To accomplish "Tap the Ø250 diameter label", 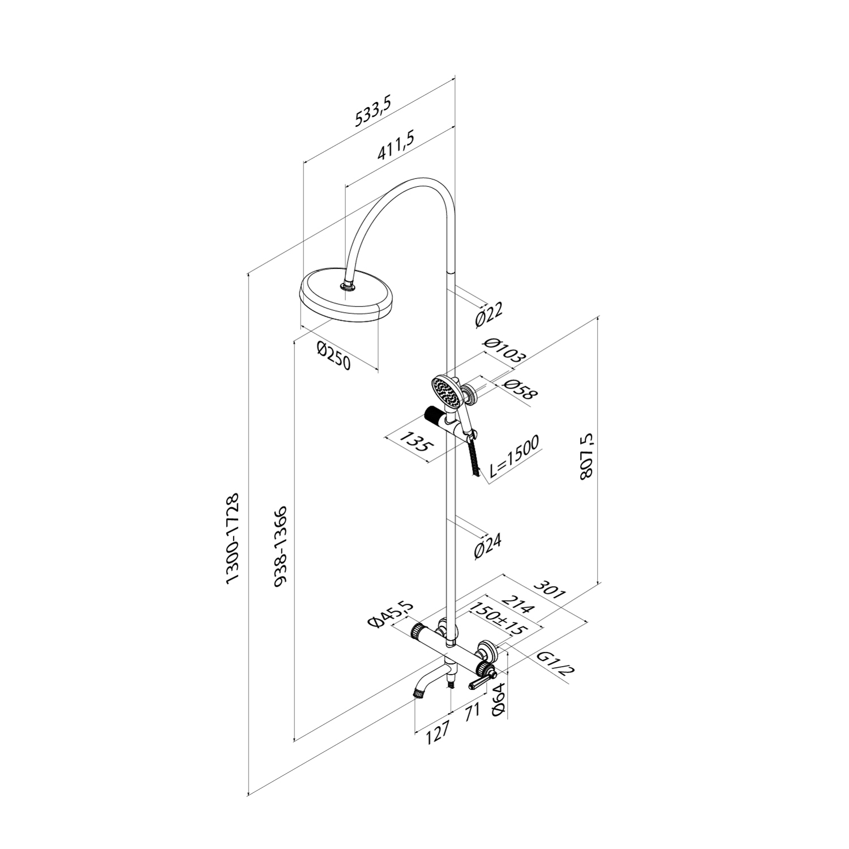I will [x=334, y=355].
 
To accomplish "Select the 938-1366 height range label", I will [x=282, y=547].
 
